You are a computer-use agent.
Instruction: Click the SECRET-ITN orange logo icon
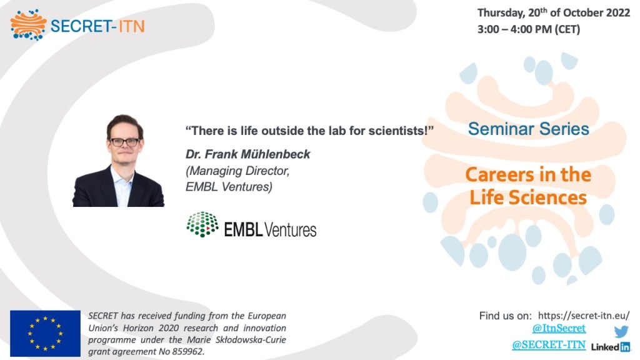pyautogui.click(x=28, y=25)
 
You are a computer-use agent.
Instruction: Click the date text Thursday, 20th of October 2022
pyautogui.click(x=554, y=12)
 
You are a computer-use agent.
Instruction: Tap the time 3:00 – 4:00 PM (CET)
pyautogui.click(x=529, y=29)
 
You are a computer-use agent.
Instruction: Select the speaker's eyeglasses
pyautogui.click(x=124, y=142)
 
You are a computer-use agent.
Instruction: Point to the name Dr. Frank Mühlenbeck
pyautogui.click(x=247, y=154)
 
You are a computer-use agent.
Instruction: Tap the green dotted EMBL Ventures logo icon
pyautogui.click(x=202, y=224)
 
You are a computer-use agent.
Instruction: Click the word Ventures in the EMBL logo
pyautogui.click(x=290, y=230)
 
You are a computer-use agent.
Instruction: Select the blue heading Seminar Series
pyautogui.click(x=529, y=129)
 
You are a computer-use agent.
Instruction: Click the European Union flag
pyautogui.click(x=45, y=334)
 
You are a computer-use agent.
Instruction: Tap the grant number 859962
pyautogui.click(x=187, y=351)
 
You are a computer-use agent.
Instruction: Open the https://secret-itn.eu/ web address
pyautogui.click(x=584, y=316)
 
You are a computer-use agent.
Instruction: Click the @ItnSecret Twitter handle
pyautogui.click(x=559, y=328)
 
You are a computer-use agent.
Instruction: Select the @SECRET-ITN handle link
pyautogui.click(x=549, y=345)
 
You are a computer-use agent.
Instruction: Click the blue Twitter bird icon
pyautogui.click(x=621, y=331)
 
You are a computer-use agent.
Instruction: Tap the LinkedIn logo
pyautogui.click(x=610, y=347)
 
